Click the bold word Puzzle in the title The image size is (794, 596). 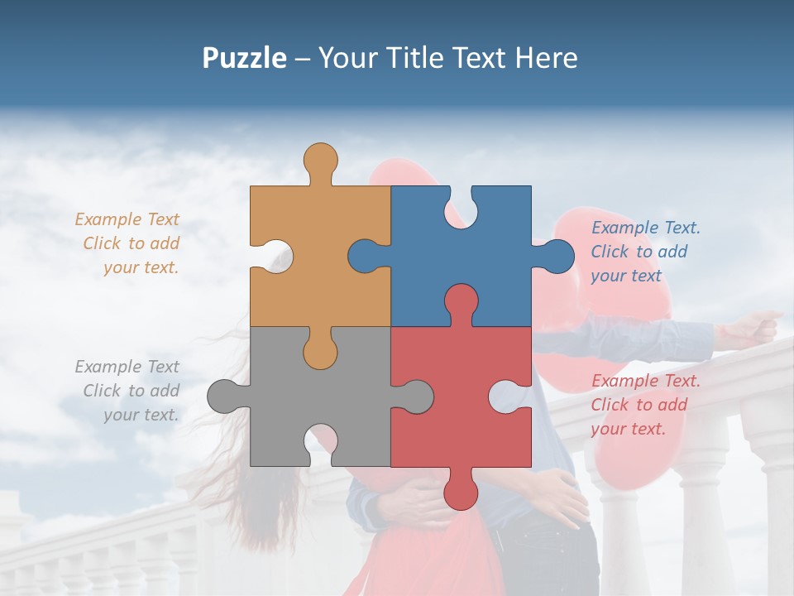click(x=244, y=58)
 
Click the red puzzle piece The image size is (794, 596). click(x=463, y=414)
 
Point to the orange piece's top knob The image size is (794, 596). click(x=320, y=161)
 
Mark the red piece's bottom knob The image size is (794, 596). click(x=461, y=488)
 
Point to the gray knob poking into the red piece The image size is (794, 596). click(x=414, y=396)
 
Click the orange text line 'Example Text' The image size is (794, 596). click(x=127, y=219)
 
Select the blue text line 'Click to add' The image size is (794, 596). click(x=639, y=252)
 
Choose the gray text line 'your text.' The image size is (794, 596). click(x=141, y=415)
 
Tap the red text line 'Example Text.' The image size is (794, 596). click(x=645, y=381)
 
